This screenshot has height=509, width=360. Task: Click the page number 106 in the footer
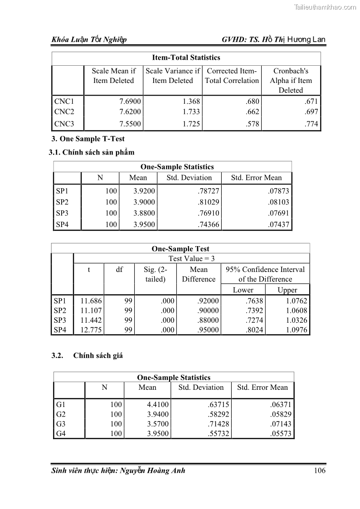pos(319,470)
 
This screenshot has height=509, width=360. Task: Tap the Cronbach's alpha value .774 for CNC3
pos(311,123)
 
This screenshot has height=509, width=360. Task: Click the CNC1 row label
pos(63,102)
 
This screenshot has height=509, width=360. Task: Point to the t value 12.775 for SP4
pos(91,330)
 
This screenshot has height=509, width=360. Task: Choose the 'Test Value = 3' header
pos(191,258)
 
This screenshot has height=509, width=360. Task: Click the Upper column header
pos(287,290)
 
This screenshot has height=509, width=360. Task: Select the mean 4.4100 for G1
pos(158,404)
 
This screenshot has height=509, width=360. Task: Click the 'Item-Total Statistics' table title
pos(186,58)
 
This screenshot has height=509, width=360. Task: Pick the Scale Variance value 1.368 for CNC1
pos(191,102)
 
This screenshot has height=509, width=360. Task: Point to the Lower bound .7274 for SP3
pos(253,320)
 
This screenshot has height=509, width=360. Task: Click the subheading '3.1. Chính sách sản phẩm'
pos(92,152)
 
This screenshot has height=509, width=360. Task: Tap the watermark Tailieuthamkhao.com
pos(326,7)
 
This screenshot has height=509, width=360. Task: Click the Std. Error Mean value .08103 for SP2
pos(278,202)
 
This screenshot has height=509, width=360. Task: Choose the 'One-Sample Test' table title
pos(180,249)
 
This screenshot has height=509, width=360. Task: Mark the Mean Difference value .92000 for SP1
pos(208,300)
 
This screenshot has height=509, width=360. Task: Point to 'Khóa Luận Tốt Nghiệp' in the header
pos(89,40)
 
